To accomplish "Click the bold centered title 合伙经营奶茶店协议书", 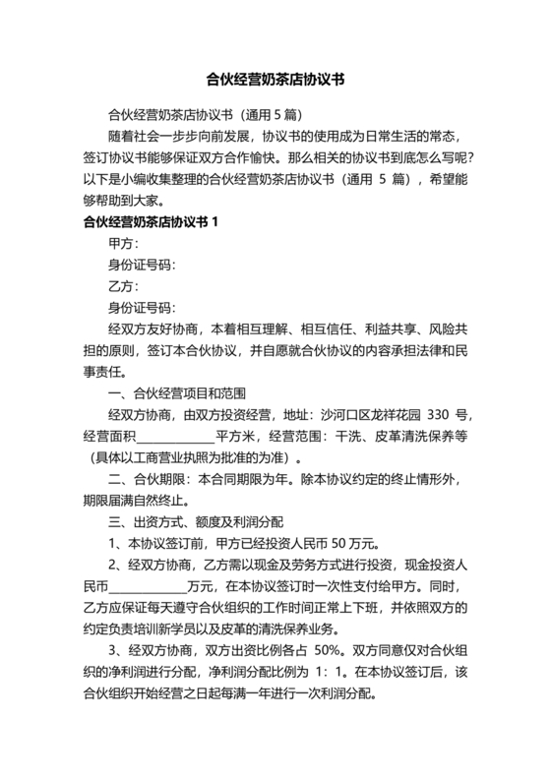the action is pyautogui.click(x=275, y=76).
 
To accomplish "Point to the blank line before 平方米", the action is pyautogui.click(x=175, y=436).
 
